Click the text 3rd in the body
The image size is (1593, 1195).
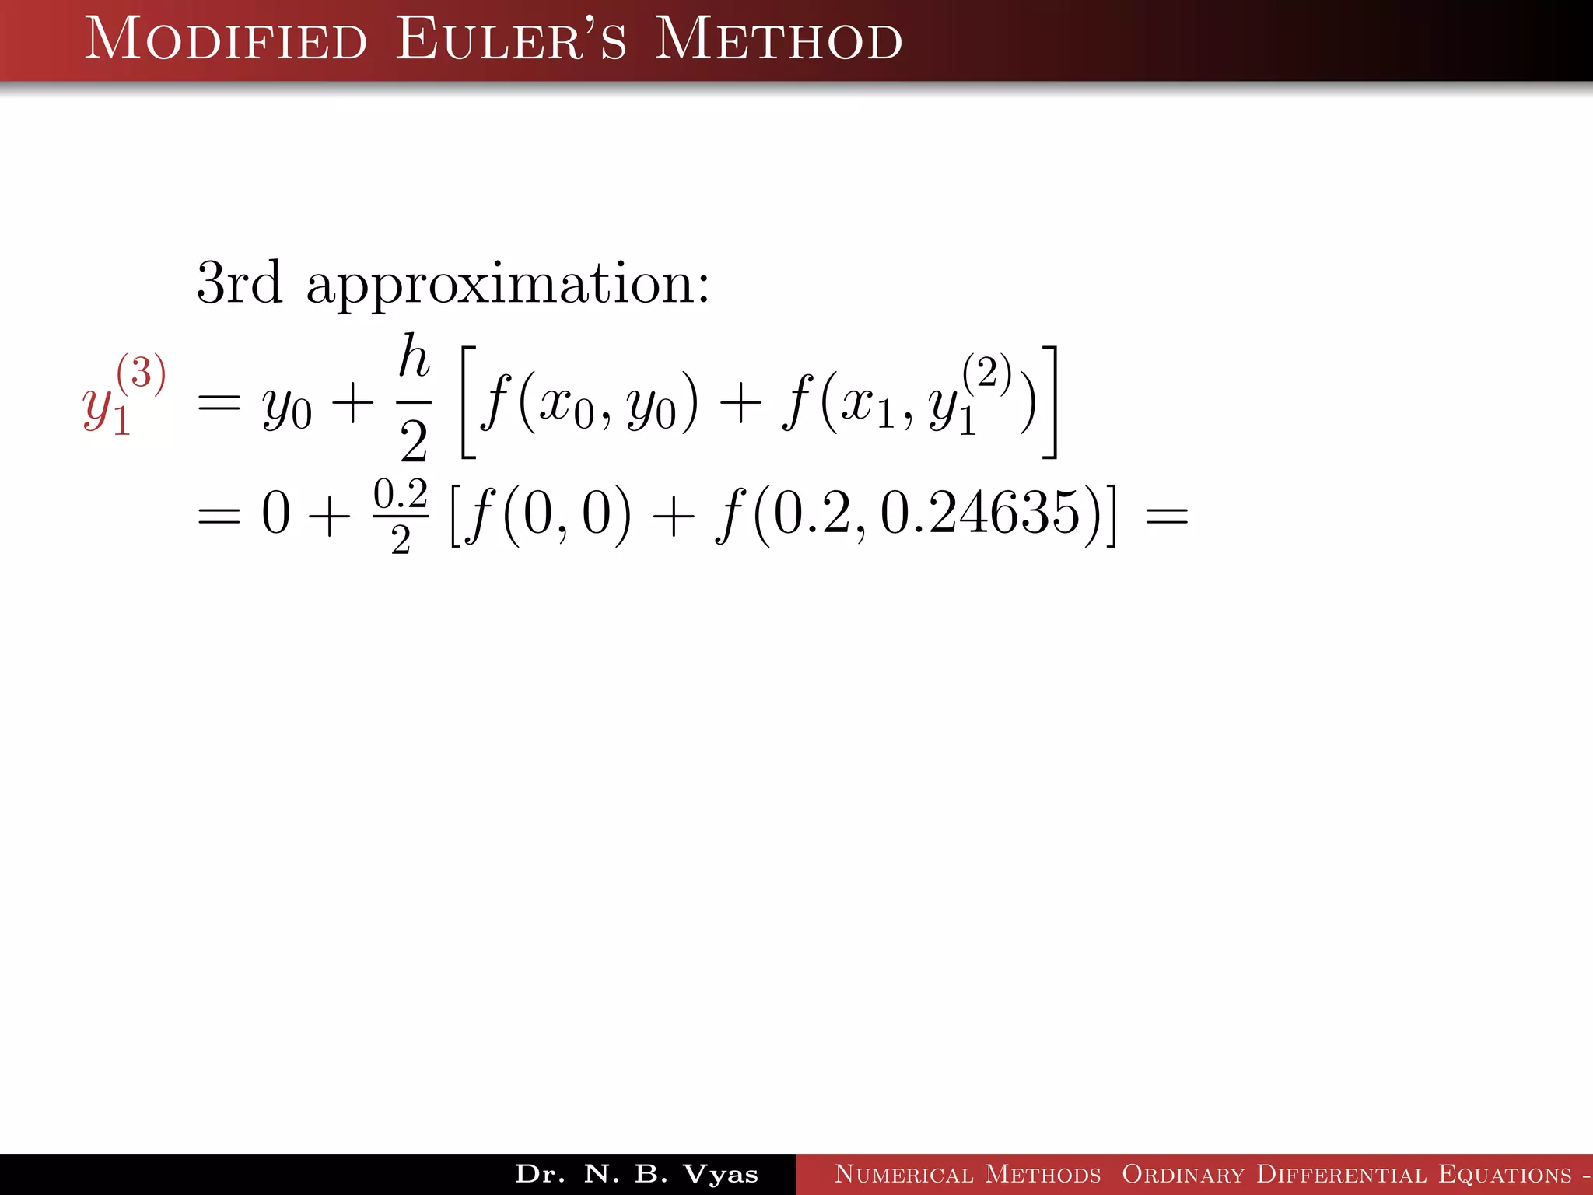(x=239, y=283)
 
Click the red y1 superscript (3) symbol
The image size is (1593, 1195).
(x=123, y=394)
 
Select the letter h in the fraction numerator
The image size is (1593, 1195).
(x=414, y=358)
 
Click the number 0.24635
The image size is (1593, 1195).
(x=981, y=513)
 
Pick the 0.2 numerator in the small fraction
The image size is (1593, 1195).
(x=401, y=495)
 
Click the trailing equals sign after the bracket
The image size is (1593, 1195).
(x=1167, y=516)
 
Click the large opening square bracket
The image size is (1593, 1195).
(x=468, y=402)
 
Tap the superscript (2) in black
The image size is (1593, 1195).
(x=986, y=373)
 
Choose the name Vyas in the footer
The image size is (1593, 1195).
(x=720, y=1174)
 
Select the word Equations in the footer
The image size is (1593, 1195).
(x=1505, y=1174)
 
